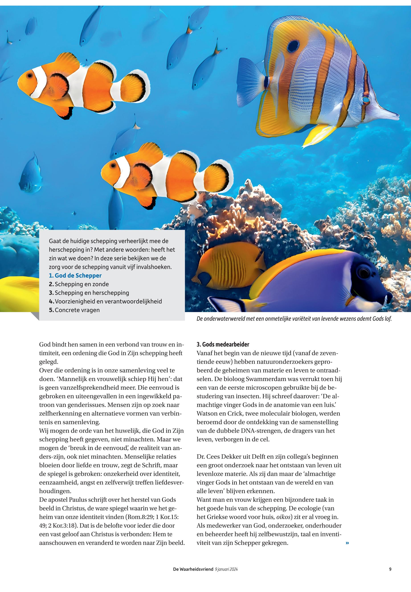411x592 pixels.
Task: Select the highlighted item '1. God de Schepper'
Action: pyautogui.click(x=75, y=276)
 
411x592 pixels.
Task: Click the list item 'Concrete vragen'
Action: pyautogui.click(x=77, y=310)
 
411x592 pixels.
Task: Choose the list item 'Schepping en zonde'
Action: pyautogui.click(x=82, y=284)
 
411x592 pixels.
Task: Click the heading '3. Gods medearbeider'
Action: pyautogui.click(x=223, y=344)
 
